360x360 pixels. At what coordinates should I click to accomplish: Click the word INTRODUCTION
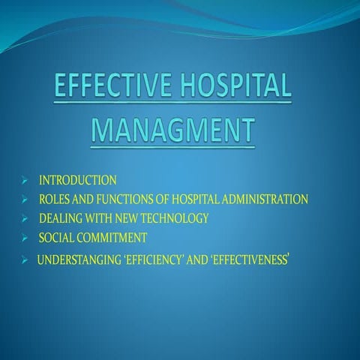77,180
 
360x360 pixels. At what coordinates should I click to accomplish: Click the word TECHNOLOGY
175,219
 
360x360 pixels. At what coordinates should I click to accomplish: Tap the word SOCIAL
57,238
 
